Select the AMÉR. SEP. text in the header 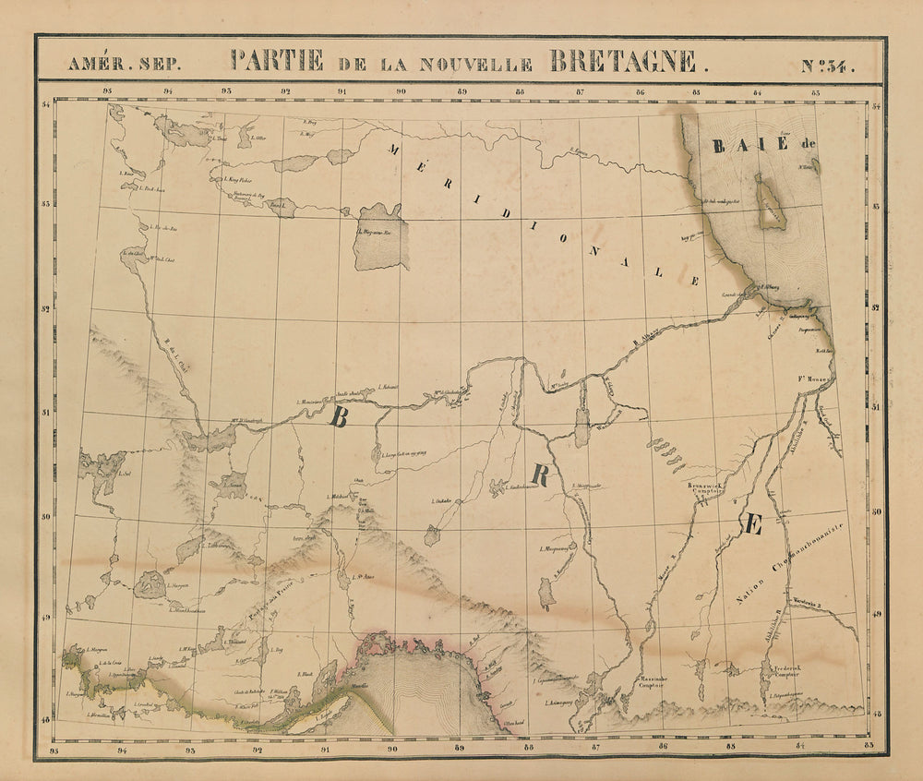(x=117, y=65)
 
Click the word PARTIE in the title (x=278, y=62)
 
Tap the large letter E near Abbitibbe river (x=751, y=524)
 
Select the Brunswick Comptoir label (x=709, y=488)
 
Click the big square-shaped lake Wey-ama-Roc (x=382, y=239)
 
